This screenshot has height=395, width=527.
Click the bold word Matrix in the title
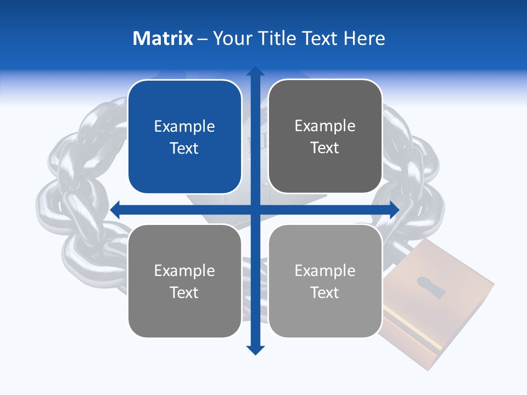[163, 38]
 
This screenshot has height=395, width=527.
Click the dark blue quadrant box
[184, 137]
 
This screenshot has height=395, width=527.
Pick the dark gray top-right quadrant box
[325, 137]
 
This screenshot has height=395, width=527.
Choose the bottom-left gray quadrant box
[184, 281]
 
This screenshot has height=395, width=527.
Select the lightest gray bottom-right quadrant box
[325, 281]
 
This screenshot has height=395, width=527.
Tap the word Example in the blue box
[184, 127]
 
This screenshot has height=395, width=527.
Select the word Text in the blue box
[184, 148]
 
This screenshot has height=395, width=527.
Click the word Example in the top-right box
[325, 126]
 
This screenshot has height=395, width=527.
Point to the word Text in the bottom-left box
[184, 292]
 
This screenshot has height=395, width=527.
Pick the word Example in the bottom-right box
[325, 270]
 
